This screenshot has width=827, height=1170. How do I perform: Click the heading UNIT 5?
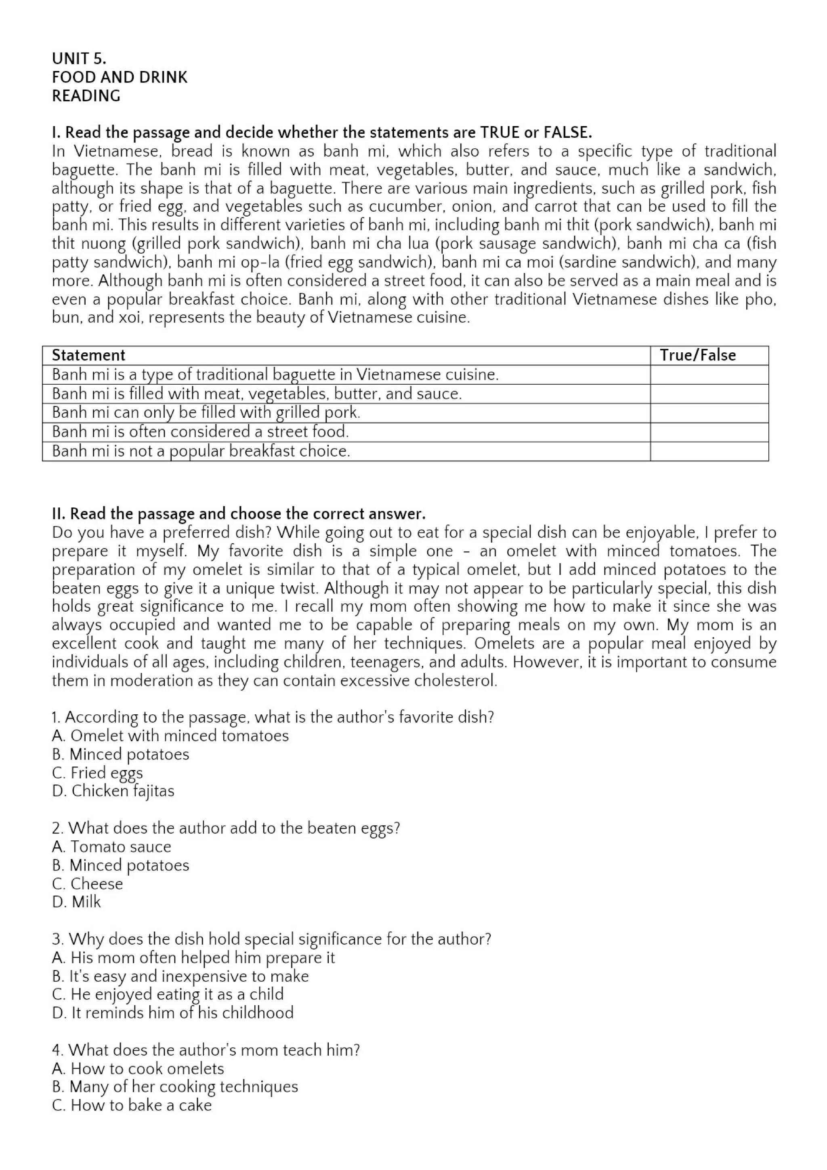click(x=79, y=59)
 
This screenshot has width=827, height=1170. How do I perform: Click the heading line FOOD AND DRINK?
click(x=120, y=78)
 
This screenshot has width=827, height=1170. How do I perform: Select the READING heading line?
click(x=86, y=96)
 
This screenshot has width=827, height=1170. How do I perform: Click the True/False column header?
click(x=698, y=355)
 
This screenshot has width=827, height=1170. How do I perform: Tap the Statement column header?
click(x=88, y=355)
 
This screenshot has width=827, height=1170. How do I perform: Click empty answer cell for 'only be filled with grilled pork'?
click(x=709, y=413)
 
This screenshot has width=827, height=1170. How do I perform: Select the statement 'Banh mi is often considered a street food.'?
click(x=200, y=432)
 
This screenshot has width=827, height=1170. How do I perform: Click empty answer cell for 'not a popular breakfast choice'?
click(x=709, y=452)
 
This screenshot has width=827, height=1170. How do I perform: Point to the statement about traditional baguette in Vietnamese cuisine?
click(x=275, y=375)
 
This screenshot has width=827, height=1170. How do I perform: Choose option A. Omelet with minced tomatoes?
click(x=170, y=736)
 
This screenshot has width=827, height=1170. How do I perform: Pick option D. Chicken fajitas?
click(x=113, y=791)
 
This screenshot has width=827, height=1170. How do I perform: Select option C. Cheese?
click(x=88, y=884)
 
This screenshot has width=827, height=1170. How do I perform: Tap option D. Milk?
click(x=76, y=902)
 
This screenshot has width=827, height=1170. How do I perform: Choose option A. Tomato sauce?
click(x=111, y=846)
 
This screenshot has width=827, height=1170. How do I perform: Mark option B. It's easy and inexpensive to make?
click(x=180, y=976)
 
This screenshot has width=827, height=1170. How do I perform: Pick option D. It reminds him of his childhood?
click(x=173, y=1013)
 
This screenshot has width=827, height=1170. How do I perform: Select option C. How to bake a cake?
click(x=132, y=1105)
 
